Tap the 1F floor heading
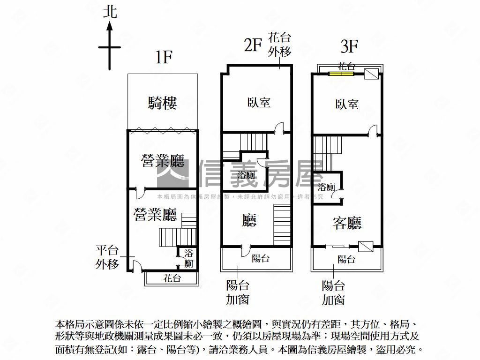(164, 57)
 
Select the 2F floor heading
(252, 45)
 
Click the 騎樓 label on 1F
(162, 103)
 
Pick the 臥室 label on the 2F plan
(259, 102)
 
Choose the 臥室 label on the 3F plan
(347, 104)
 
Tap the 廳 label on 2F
(249, 220)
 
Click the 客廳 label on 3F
(347, 223)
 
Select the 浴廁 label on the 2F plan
(246, 176)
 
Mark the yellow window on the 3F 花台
(341, 74)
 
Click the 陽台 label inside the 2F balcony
(261, 258)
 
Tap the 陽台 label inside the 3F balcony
(346, 259)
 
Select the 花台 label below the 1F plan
(172, 278)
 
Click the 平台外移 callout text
(107, 257)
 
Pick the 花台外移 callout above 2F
(280, 44)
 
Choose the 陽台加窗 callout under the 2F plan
(238, 292)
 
